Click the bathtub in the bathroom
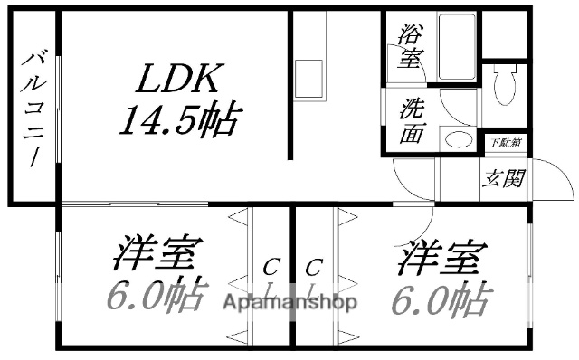456,47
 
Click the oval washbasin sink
459,140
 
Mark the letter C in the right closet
314,267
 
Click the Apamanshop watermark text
289,302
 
